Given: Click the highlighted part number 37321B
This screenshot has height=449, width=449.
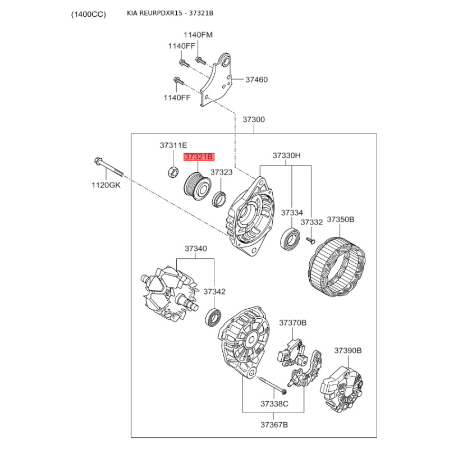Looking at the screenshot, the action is click(199, 157).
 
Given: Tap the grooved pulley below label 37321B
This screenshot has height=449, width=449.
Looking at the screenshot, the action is click(198, 186).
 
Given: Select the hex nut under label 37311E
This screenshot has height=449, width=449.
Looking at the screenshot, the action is click(173, 172).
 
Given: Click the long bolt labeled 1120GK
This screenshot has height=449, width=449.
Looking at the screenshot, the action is click(108, 167).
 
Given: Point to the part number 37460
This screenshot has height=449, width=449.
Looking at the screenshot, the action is click(256, 80).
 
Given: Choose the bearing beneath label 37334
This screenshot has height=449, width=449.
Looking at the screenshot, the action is click(290, 239).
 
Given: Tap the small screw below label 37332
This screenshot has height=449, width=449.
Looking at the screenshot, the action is click(310, 241).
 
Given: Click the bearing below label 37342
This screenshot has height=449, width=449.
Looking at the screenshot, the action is click(214, 317).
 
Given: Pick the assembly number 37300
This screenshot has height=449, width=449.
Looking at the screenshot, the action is click(254, 120).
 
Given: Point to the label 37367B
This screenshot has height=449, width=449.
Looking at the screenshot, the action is click(274, 425).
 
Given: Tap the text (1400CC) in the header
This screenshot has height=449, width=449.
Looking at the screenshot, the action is click(89, 14).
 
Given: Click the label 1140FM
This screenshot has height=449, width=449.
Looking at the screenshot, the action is click(198, 35).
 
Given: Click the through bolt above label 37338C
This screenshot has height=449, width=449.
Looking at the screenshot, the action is click(273, 385).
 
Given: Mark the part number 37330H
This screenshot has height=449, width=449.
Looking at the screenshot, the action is click(287, 155).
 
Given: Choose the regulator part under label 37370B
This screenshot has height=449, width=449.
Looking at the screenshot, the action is click(291, 353).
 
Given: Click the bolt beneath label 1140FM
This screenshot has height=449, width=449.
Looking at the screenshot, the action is click(200, 61).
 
